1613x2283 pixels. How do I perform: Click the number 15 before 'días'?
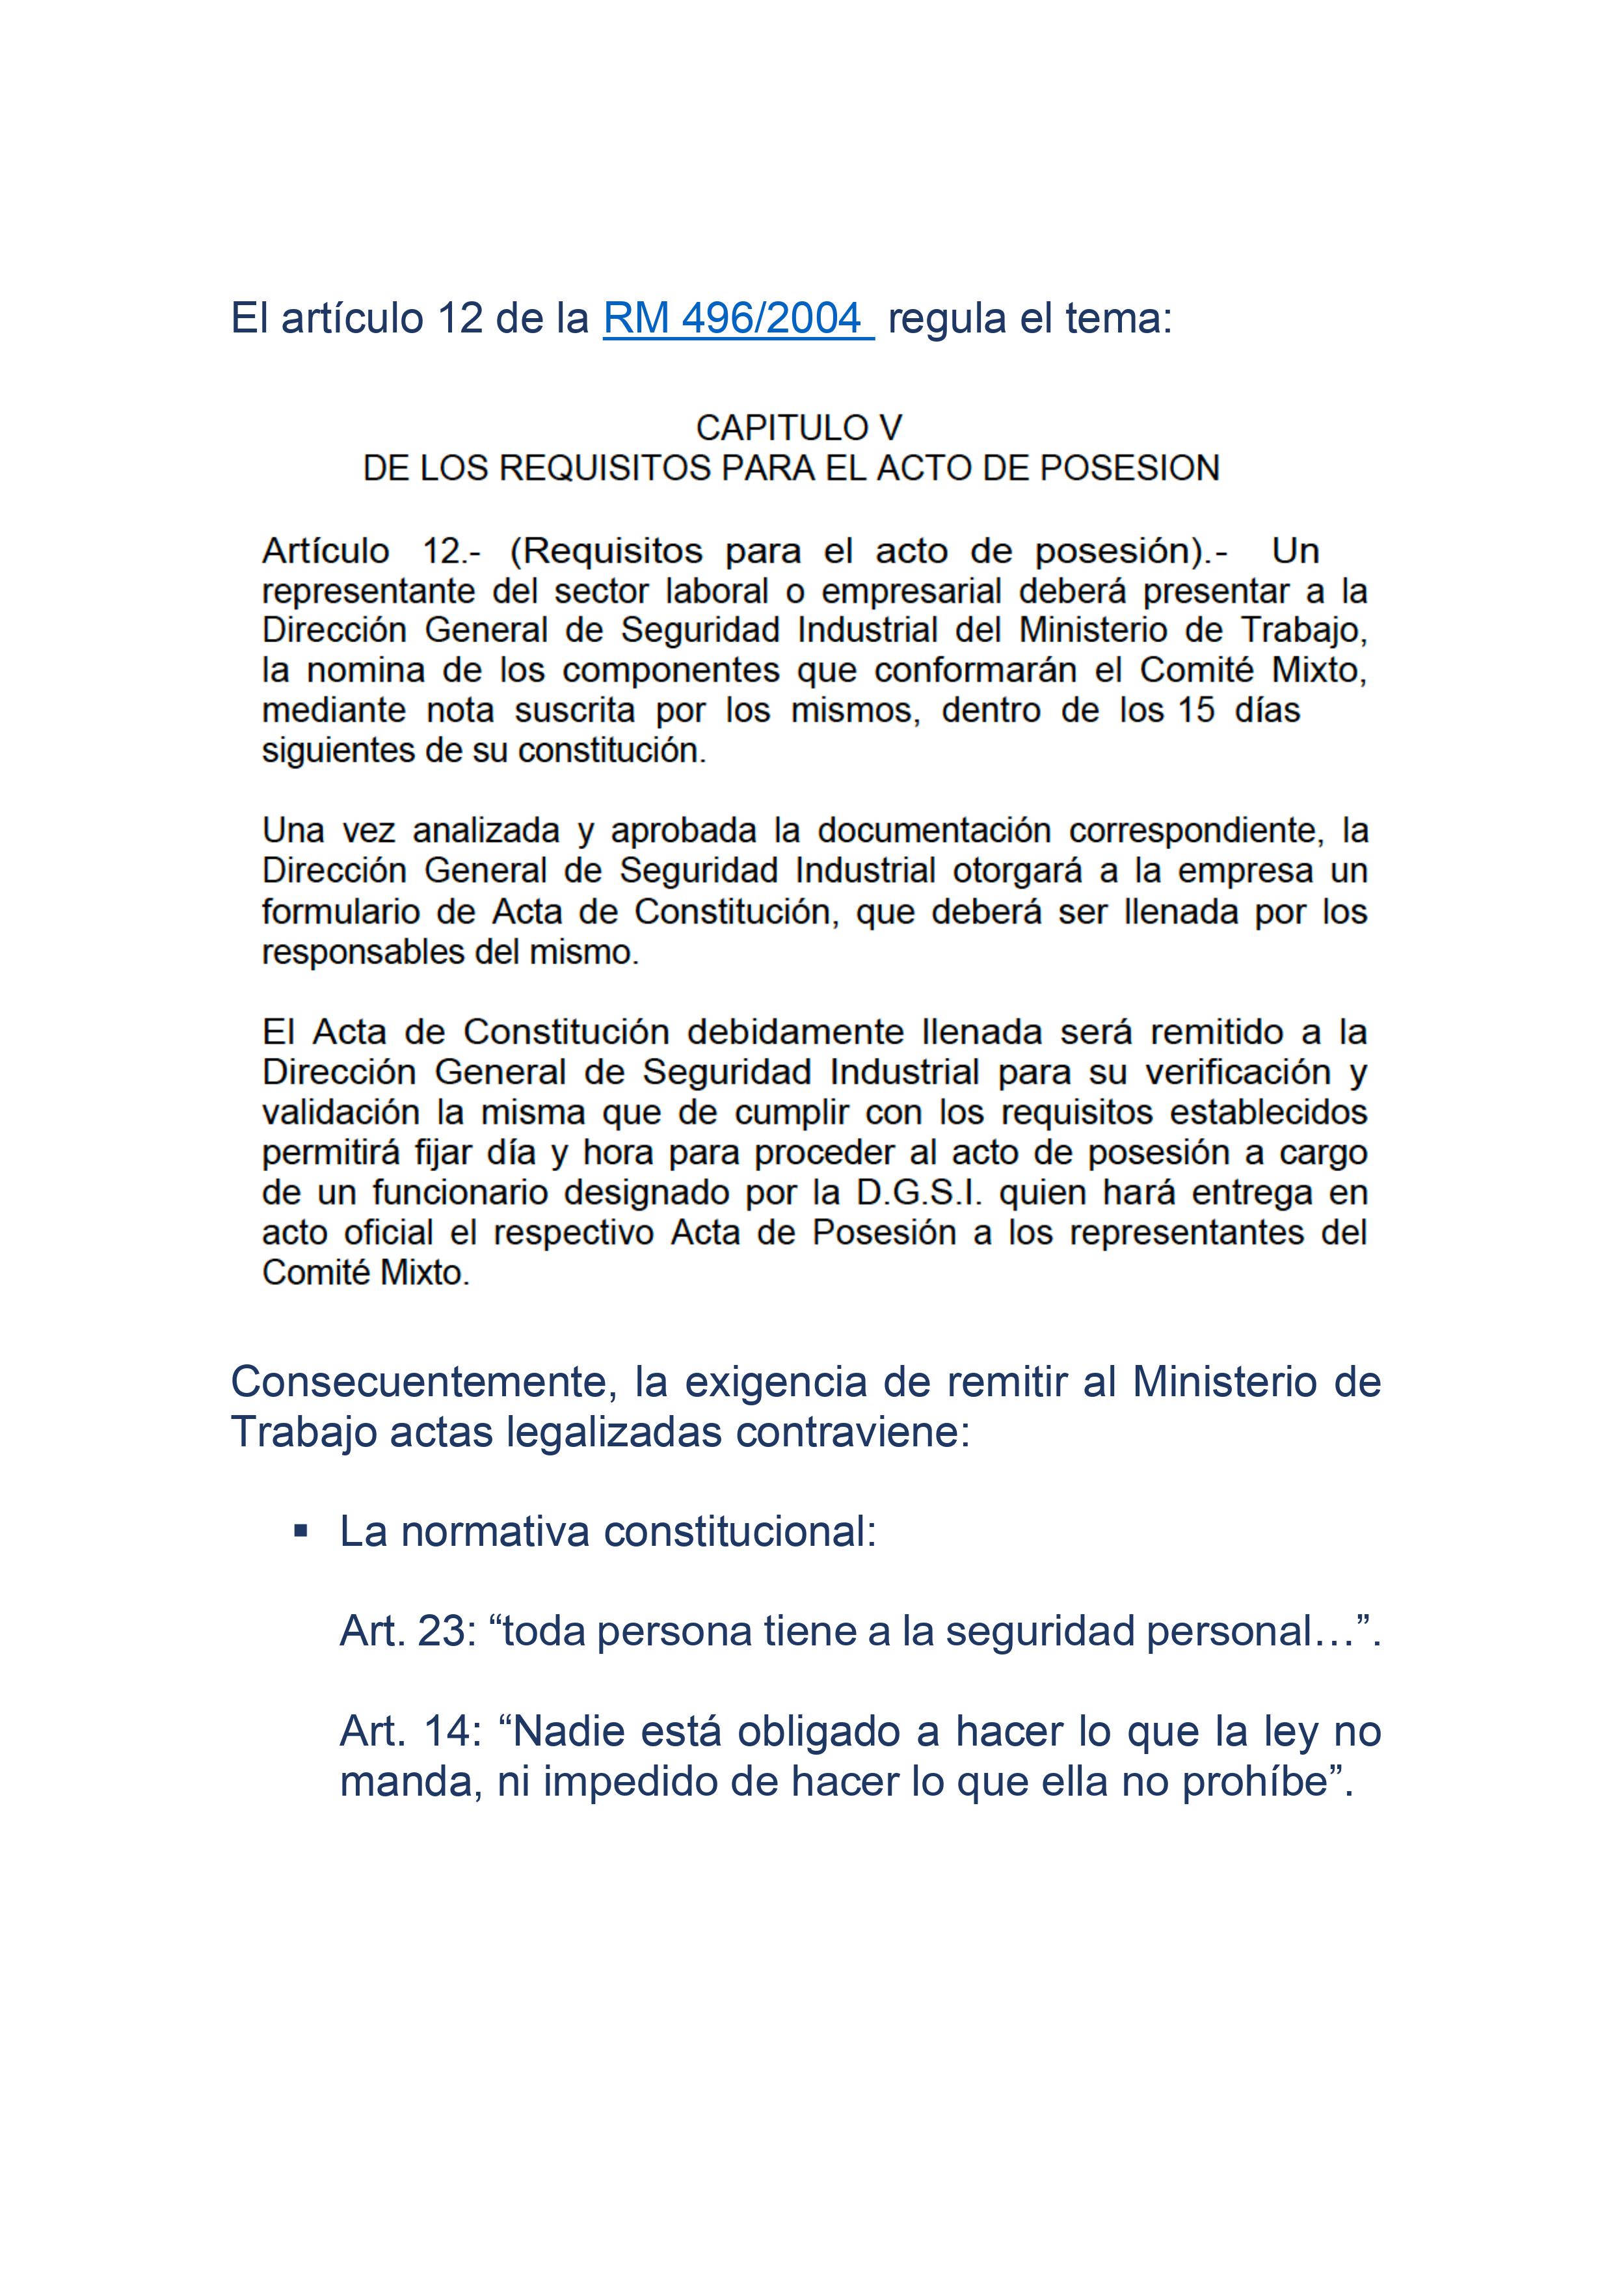pyautogui.click(x=1197, y=711)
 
